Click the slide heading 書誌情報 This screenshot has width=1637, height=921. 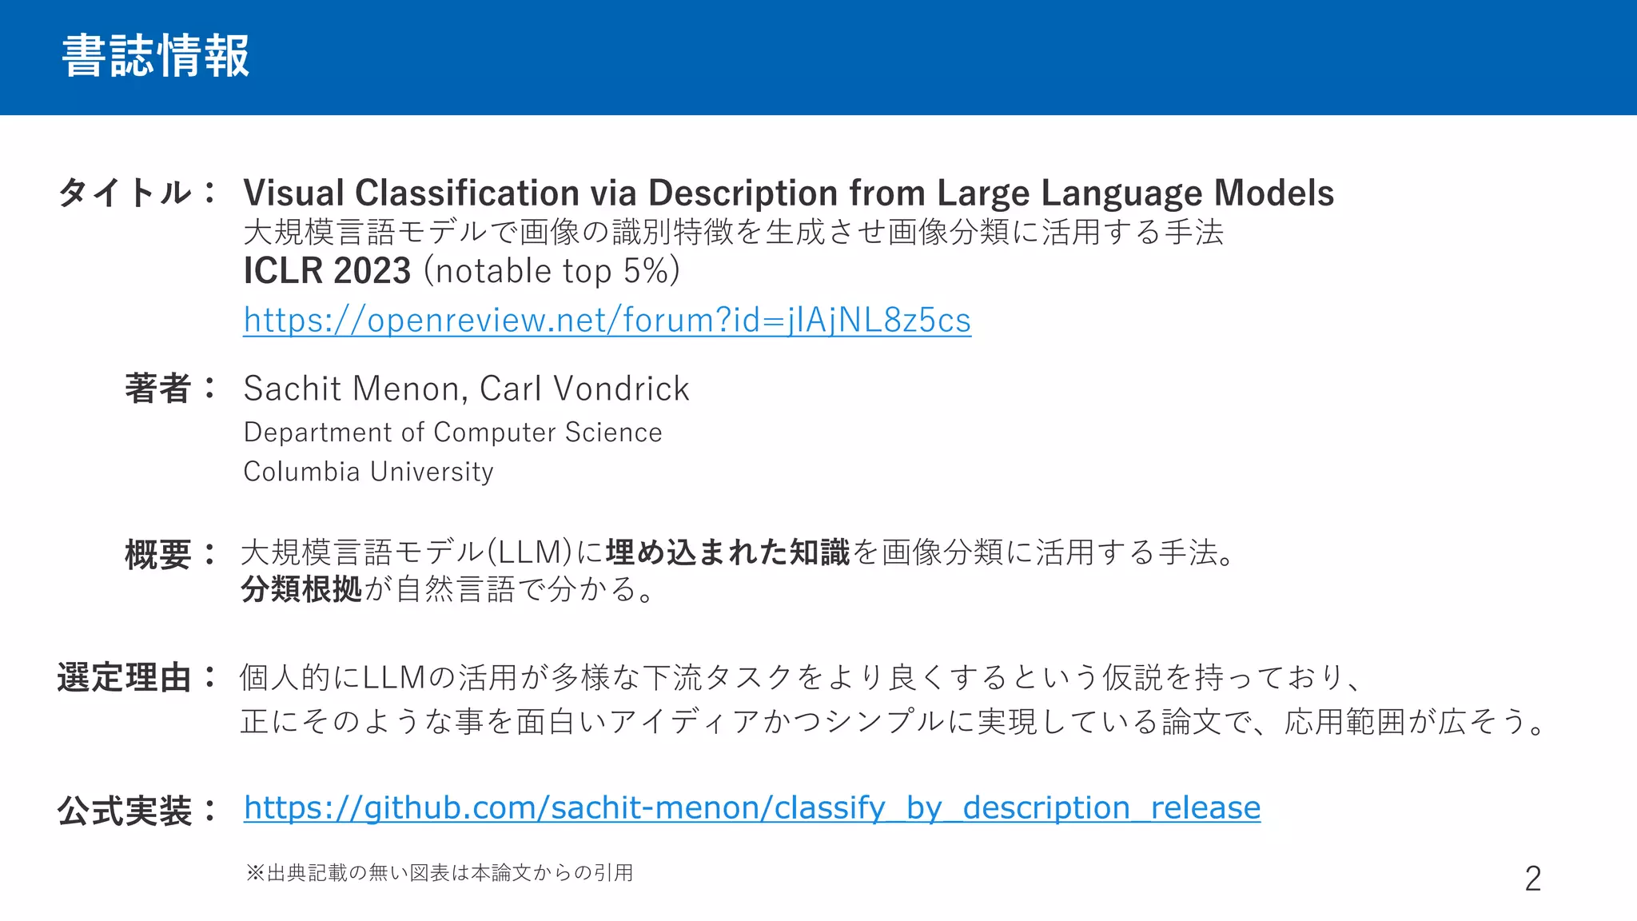(156, 56)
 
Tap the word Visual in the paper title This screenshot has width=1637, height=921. (293, 193)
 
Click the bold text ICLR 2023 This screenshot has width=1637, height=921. (327, 270)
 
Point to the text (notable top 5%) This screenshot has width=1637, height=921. (552, 270)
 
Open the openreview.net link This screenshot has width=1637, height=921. (607, 320)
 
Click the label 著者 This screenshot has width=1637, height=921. (157, 389)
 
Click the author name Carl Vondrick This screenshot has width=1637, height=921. (584, 389)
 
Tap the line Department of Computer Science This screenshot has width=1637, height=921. (452, 432)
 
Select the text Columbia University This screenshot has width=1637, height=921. (368, 472)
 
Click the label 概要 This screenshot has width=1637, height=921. (157, 554)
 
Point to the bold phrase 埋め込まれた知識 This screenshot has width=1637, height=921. (727, 552)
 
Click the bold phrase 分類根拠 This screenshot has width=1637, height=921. (301, 590)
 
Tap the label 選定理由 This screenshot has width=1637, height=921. (124, 678)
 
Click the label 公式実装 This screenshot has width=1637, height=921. (124, 811)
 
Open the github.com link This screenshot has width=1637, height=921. (751, 808)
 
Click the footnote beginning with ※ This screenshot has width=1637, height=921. (440, 872)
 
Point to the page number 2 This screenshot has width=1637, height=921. (1532, 879)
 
